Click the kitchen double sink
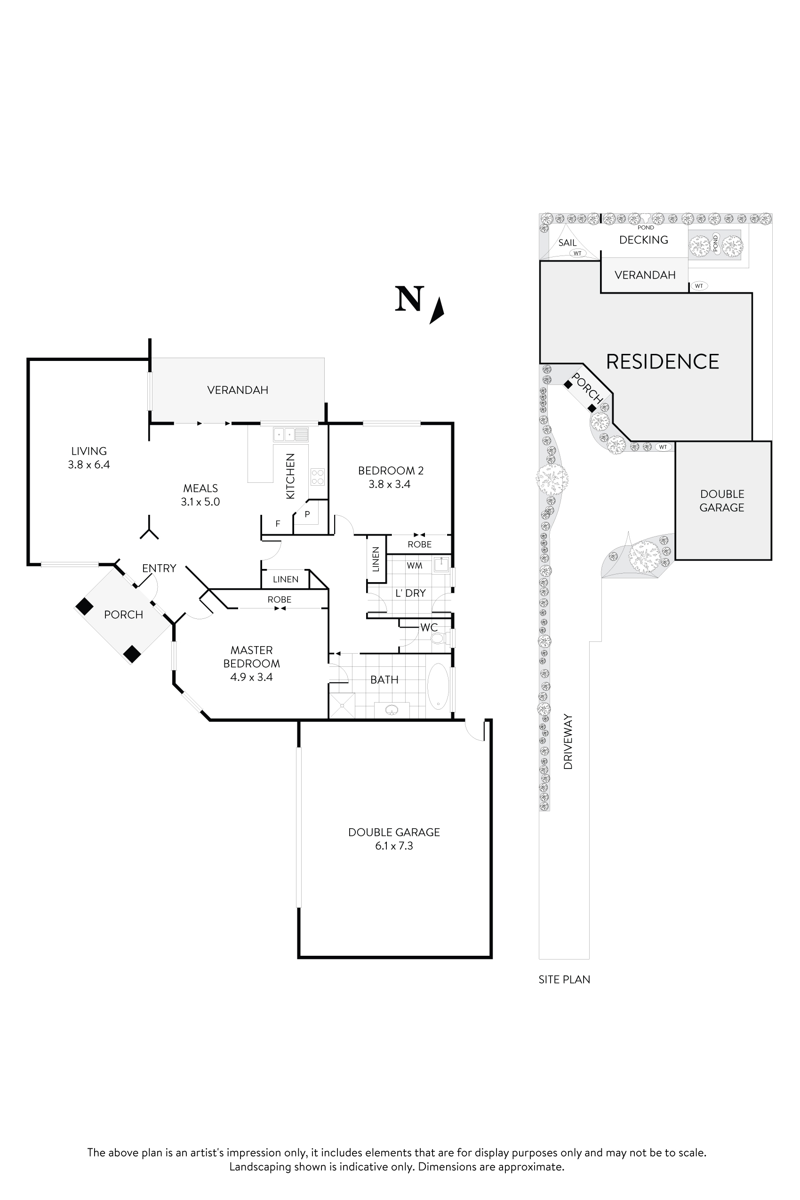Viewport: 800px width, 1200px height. point(290,434)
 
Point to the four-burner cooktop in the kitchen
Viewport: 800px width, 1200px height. point(317,477)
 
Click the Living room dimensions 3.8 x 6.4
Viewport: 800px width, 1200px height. point(89,464)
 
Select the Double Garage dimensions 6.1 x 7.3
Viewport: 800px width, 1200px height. point(394,845)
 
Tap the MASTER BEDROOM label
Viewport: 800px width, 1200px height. point(252,656)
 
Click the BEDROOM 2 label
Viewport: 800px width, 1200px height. point(391,471)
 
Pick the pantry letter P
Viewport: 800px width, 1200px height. point(307,514)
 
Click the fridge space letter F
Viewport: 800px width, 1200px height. point(278,523)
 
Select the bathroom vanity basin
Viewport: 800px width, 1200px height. point(392,709)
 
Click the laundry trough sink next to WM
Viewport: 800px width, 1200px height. point(441,565)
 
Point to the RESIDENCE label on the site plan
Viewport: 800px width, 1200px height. point(662,362)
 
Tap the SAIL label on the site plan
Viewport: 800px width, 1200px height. point(567,243)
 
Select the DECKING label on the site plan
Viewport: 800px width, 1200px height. point(643,240)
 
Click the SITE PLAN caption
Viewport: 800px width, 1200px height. point(564,979)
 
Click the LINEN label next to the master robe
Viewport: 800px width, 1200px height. point(285,579)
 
